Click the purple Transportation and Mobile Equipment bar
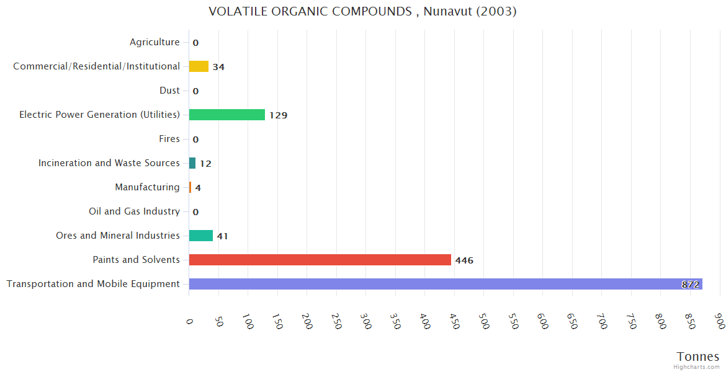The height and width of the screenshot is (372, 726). [445, 284]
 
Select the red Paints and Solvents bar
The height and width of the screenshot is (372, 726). [320, 260]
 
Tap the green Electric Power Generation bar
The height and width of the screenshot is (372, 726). [226, 115]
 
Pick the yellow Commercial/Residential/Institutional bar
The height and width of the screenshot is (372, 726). [199, 66]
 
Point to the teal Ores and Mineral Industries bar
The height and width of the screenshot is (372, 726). [200, 236]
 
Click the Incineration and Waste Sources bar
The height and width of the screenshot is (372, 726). [192, 163]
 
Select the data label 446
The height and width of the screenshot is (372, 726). [464, 260]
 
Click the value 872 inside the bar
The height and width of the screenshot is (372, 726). [690, 285]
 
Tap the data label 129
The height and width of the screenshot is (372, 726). [278, 115]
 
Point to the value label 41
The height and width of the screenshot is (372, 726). [223, 236]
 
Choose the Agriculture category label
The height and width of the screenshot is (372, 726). [155, 42]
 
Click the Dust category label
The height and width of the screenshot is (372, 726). [169, 91]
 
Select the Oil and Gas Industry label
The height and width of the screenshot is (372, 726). [134, 211]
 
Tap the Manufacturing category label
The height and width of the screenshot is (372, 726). [147, 187]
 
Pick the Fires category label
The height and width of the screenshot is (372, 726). [169, 139]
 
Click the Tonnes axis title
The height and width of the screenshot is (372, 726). [698, 356]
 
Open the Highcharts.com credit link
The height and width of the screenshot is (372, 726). [697, 367]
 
